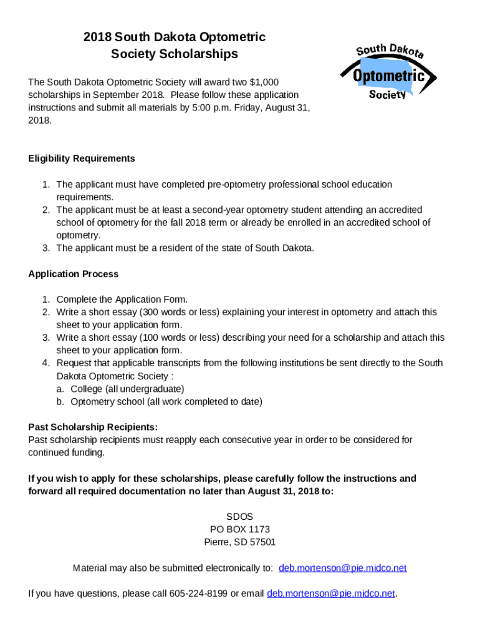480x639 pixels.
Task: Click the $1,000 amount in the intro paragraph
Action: [x=264, y=82]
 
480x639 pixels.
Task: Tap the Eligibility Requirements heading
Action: [x=82, y=159]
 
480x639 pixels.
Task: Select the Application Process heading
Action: [x=73, y=274]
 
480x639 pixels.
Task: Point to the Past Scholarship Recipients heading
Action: [x=93, y=427]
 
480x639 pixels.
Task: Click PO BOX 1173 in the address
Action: [x=240, y=529]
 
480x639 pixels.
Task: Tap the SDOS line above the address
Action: [x=240, y=517]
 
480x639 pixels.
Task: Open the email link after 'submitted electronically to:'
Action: [x=342, y=568]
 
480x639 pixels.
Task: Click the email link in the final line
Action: [x=330, y=593]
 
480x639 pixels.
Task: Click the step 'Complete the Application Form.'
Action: [x=122, y=300]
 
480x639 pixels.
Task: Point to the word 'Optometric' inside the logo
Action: [x=388, y=77]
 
